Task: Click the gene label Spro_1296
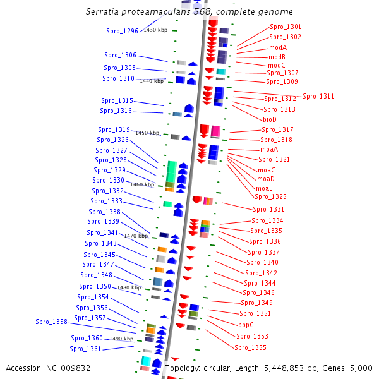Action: (x=121, y=32)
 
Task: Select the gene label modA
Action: (x=278, y=47)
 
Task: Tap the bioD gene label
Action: (x=270, y=119)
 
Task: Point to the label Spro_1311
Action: (x=318, y=97)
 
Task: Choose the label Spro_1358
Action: (x=51, y=322)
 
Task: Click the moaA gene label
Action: (x=269, y=150)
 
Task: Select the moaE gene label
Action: (x=264, y=188)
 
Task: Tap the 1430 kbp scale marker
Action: (x=155, y=30)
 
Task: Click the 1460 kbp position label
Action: (x=142, y=184)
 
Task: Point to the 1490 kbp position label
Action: (x=121, y=339)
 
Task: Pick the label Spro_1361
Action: (x=85, y=349)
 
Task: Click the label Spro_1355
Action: (x=251, y=348)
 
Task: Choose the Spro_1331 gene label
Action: (x=268, y=210)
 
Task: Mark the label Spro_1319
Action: (x=114, y=130)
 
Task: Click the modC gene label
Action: (x=277, y=65)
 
